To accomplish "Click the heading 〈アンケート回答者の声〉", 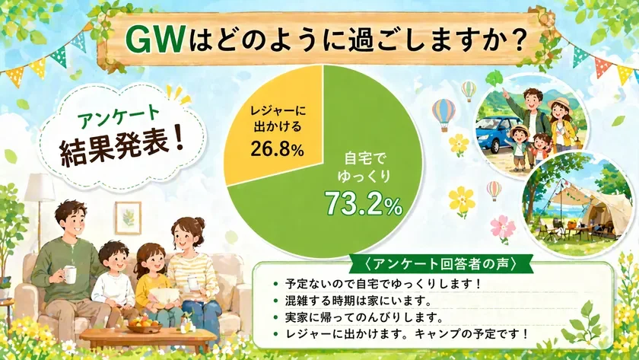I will (442, 266).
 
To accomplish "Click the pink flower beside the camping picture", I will (501, 226).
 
